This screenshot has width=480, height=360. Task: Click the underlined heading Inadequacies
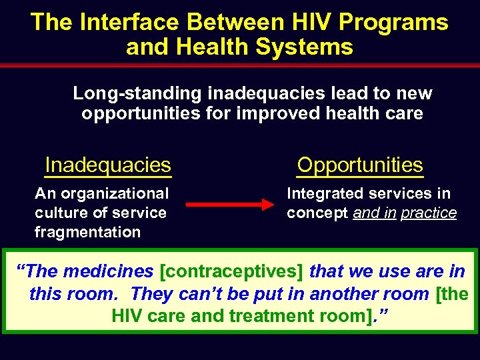(x=108, y=165)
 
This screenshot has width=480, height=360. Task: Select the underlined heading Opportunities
(x=360, y=165)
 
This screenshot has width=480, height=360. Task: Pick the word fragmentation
(x=87, y=232)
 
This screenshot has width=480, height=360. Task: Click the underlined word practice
(x=429, y=213)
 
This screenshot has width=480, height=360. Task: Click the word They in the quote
(x=152, y=293)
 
